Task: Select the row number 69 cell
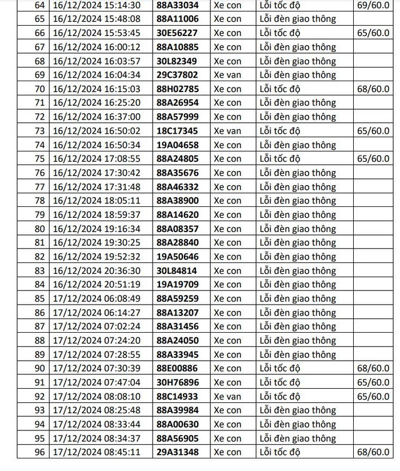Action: click(x=39, y=75)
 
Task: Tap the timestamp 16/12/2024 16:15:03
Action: click(x=96, y=89)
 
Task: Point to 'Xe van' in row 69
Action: click(x=227, y=75)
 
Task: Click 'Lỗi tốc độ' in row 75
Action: click(x=280, y=159)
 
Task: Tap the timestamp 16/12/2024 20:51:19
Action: click(x=96, y=285)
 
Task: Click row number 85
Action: click(x=39, y=298)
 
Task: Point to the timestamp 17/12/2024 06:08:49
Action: click(x=96, y=298)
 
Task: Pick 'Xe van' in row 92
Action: click(x=227, y=396)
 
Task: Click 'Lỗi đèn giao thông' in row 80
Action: click(x=298, y=229)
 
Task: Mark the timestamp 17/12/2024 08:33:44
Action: click(x=96, y=424)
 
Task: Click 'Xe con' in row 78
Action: click(x=227, y=201)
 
